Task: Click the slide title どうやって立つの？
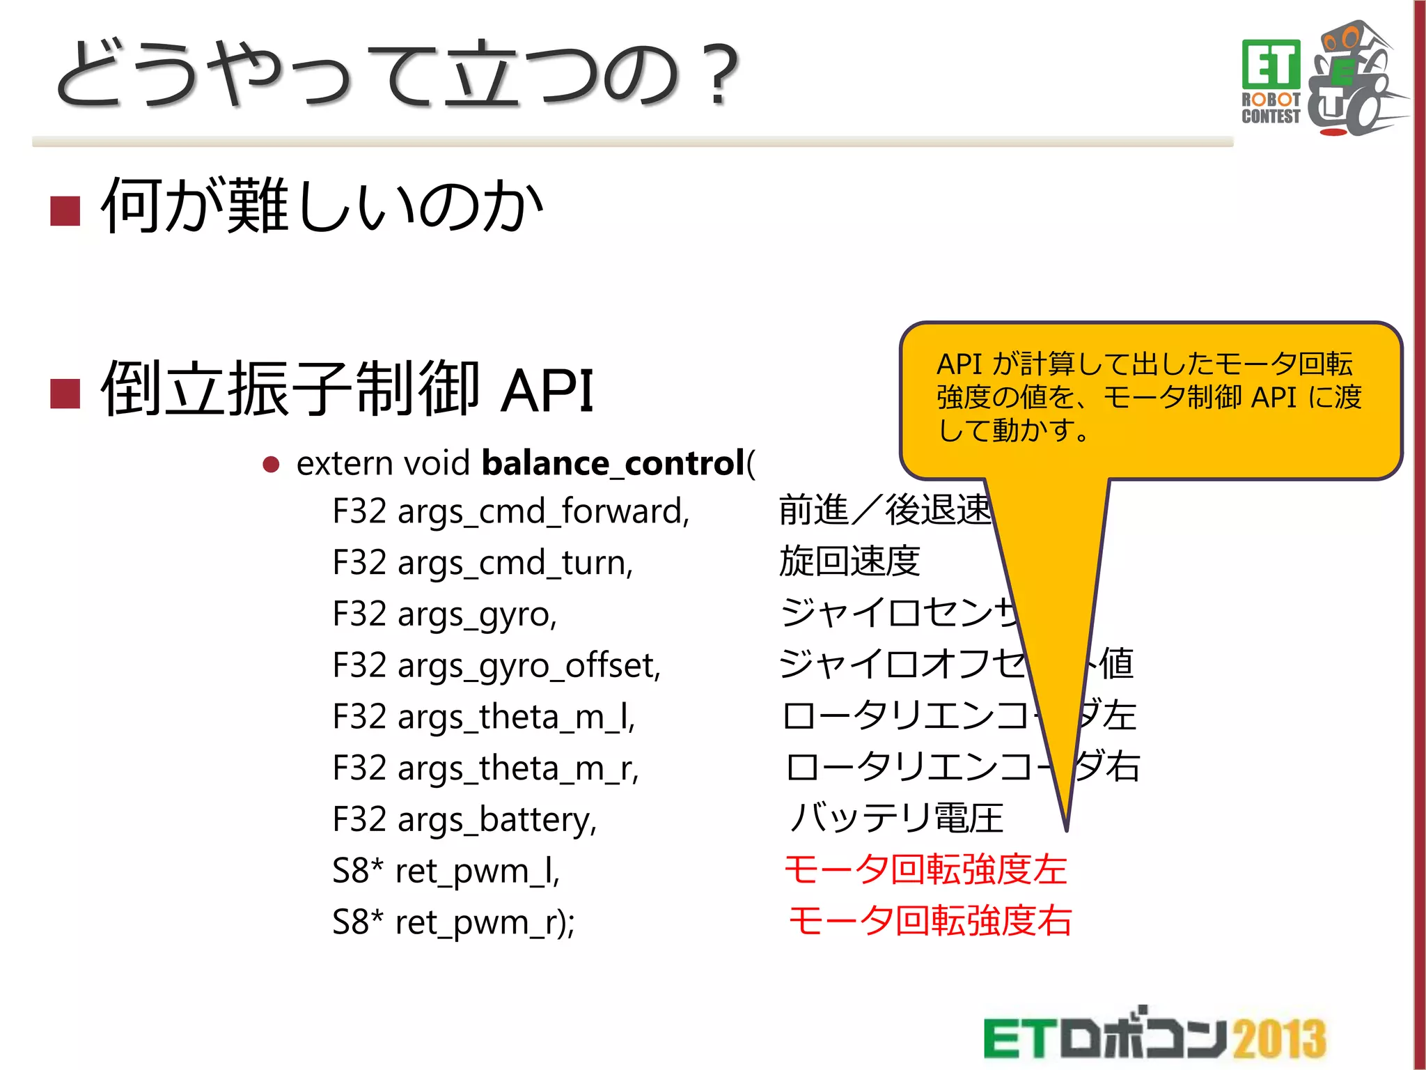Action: point(397,75)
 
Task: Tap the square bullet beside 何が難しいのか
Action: point(65,210)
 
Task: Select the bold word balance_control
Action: point(613,464)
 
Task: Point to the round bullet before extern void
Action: point(271,465)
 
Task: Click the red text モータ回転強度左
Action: point(925,870)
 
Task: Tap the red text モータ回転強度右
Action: point(930,921)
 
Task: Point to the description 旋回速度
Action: point(849,561)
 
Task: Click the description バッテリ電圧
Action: point(897,819)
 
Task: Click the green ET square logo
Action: point(1271,64)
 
